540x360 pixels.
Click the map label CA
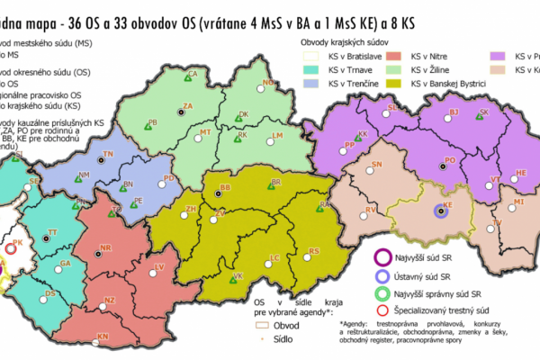193,75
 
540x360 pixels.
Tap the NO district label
267,83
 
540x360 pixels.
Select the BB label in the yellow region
225,186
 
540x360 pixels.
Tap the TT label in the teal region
52,232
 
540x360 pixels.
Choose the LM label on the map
277,135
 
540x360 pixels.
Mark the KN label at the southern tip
103,336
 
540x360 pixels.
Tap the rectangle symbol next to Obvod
262,323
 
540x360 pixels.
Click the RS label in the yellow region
314,250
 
